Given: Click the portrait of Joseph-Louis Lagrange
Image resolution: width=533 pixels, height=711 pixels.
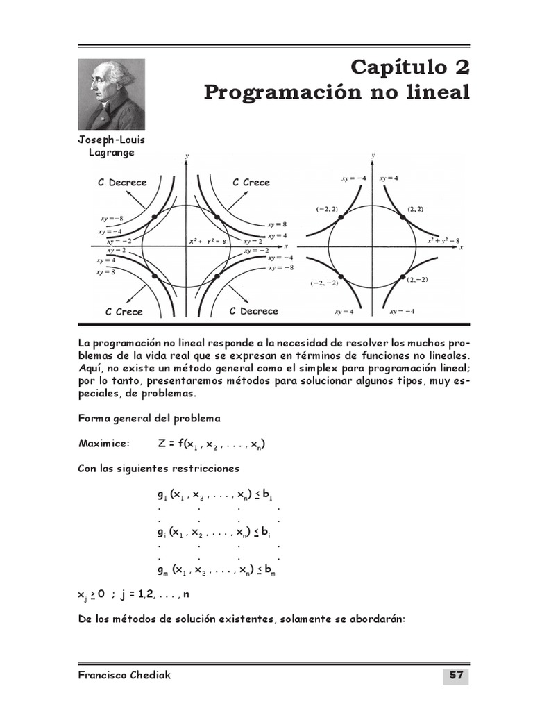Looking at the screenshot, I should (112, 94).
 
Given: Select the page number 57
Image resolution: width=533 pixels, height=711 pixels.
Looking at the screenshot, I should (455, 676).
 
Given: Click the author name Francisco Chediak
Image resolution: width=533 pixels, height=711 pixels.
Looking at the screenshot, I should (124, 676).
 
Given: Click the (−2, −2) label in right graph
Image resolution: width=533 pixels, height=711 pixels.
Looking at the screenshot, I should (324, 283).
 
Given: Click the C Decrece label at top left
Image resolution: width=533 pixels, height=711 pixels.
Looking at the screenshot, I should (122, 183).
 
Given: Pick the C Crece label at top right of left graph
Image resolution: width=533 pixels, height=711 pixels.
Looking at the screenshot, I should (251, 183).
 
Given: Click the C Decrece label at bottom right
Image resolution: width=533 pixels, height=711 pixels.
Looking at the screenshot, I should (253, 311).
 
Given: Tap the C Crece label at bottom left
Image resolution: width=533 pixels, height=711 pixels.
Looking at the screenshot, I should (124, 312).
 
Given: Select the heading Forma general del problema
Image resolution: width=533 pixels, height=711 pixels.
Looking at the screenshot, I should (149, 419).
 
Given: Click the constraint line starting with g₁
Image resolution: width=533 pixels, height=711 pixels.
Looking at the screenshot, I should (215, 495).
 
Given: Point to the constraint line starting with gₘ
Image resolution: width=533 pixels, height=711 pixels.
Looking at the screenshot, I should (217, 570).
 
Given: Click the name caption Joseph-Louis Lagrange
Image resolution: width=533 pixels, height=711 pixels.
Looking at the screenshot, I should (112, 146).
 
